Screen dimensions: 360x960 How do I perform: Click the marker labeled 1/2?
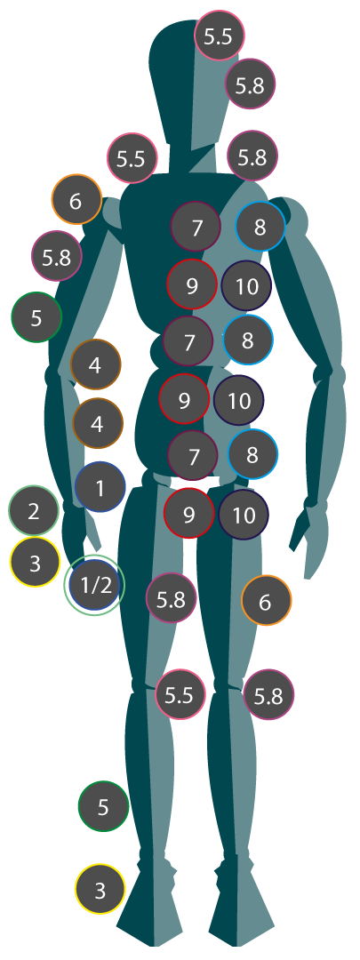tap(94, 585)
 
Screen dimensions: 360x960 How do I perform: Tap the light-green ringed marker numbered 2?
tap(35, 510)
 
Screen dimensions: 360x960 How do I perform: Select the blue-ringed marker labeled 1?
tap(100, 487)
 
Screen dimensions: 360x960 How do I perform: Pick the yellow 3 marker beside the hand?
tap(35, 562)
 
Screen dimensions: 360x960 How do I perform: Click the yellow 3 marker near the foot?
tap(100, 889)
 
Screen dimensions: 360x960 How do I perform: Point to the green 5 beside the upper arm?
tap(36, 317)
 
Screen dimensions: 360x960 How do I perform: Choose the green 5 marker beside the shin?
tap(103, 806)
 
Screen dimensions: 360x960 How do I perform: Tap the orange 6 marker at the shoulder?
tap(76, 200)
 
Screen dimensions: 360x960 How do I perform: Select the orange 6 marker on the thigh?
tap(267, 601)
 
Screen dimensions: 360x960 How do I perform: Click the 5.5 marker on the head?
tap(220, 36)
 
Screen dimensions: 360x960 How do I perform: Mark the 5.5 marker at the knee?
tap(180, 694)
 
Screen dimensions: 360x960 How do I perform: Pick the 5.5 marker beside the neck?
tap(132, 158)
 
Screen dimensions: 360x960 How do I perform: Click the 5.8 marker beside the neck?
tap(252, 156)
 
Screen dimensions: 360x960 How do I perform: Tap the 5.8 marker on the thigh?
tap(172, 597)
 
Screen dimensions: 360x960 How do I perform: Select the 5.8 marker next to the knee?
tap(268, 695)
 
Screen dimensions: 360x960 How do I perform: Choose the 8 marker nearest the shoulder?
tap(260, 227)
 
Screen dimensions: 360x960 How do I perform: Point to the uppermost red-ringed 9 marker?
tap(192, 284)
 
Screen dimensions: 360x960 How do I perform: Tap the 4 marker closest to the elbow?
tap(95, 364)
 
